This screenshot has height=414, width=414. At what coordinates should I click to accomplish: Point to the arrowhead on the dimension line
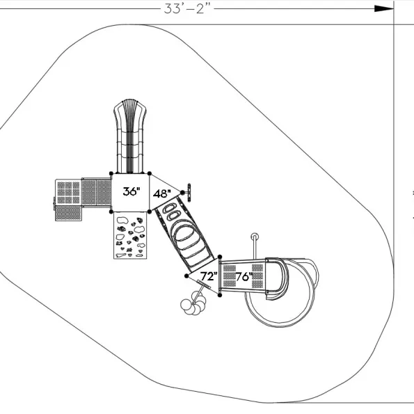coord(384,9)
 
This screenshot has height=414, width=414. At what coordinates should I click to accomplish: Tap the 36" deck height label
coord(132,191)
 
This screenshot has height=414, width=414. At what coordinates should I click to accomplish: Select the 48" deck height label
coord(162,194)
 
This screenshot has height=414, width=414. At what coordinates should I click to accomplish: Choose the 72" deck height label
coord(209,276)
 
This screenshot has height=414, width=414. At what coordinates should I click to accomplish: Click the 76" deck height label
coord(244,277)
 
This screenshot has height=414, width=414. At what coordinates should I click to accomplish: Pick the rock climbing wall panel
coord(130,235)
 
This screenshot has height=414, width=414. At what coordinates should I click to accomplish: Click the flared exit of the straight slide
coord(130,109)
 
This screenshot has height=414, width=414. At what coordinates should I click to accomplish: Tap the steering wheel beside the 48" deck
coord(189,193)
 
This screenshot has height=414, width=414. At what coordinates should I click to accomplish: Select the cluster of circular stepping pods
coord(193,303)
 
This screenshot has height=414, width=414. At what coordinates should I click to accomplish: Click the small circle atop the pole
coord(255,236)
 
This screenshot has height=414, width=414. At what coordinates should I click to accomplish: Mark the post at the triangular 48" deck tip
coord(182,193)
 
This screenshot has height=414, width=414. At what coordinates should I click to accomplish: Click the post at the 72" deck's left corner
coord(186,276)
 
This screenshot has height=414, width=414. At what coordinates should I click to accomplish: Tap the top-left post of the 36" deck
coord(111,173)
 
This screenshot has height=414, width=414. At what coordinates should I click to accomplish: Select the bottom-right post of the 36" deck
coord(150,212)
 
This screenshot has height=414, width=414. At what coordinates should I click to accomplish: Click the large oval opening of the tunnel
coord(184,232)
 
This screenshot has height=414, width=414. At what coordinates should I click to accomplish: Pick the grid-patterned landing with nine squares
coord(68,193)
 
